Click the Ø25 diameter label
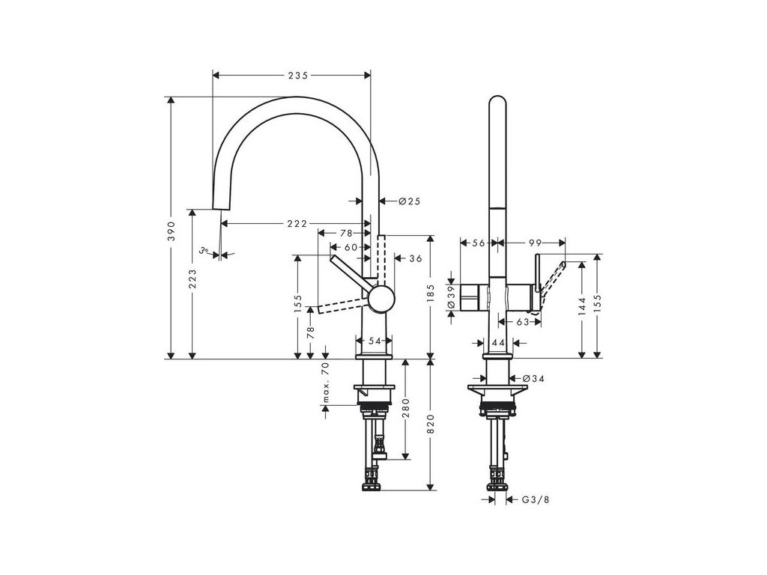[x=410, y=201]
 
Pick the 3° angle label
[x=204, y=251]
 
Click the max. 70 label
[x=325, y=383]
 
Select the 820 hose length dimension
[x=430, y=427]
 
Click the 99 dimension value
[x=534, y=243]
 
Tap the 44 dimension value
[x=496, y=341]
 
